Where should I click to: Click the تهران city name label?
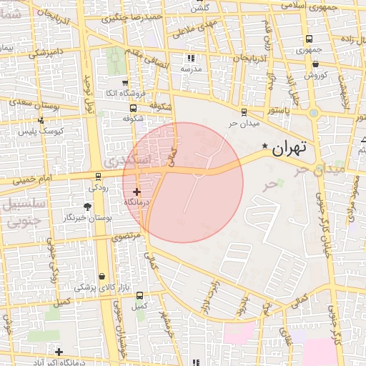(290, 148)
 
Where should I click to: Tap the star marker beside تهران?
(265, 147)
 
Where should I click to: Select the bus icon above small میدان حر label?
(244, 112)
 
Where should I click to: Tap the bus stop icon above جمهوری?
(309, 39)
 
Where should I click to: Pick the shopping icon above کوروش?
(316, 64)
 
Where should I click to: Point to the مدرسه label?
(191, 69)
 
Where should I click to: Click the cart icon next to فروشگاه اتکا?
(125, 82)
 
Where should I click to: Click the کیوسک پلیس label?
(61, 131)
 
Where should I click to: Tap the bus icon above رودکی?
(98, 176)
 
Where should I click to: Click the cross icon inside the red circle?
(137, 192)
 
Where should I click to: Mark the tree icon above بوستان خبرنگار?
(87, 207)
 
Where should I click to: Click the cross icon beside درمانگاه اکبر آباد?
(59, 352)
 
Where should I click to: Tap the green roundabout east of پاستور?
(313, 112)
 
